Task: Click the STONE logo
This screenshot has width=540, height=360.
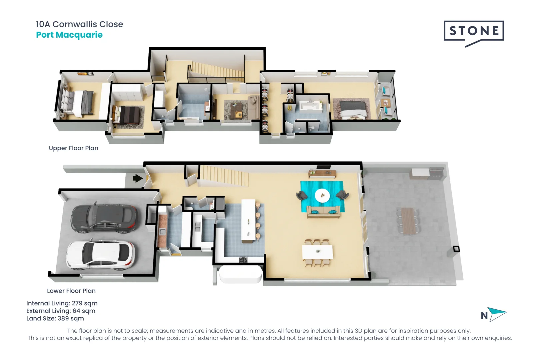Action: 473,31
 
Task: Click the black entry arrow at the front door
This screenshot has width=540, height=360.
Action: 137,178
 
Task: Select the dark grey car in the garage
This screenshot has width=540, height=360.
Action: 103,218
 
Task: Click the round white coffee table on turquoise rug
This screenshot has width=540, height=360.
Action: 322,196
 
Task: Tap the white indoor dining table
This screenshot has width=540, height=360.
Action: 317,252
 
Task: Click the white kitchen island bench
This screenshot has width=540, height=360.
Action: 248,220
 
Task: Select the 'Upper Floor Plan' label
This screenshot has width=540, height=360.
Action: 73,148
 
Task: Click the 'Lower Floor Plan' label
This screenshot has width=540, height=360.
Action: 71,291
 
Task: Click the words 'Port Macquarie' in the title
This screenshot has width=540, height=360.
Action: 69,35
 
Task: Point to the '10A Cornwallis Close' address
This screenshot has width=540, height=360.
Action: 79,24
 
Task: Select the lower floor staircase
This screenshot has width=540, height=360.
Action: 224,176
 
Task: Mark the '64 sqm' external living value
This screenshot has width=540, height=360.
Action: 84,311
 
